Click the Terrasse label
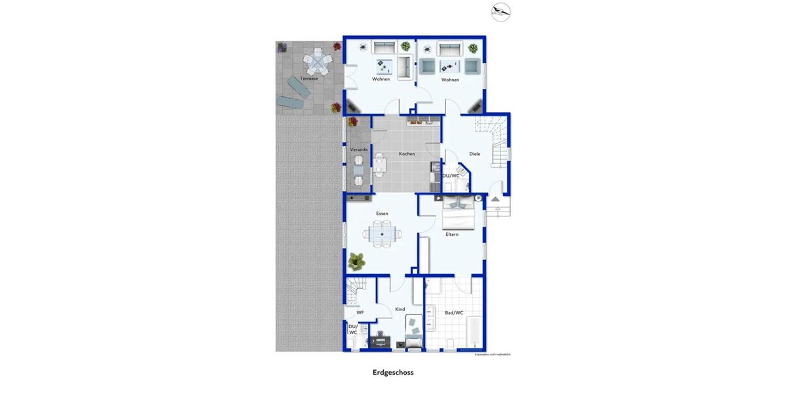(x=309, y=79)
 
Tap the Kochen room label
(x=406, y=154)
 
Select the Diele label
(x=475, y=154)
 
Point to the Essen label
(x=382, y=214)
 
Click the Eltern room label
(x=452, y=234)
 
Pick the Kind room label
(x=400, y=309)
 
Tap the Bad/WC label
(x=454, y=313)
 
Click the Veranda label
(x=359, y=150)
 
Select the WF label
(x=360, y=313)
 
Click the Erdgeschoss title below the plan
(x=393, y=372)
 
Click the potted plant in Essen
(x=357, y=261)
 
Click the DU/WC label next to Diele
(x=451, y=176)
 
